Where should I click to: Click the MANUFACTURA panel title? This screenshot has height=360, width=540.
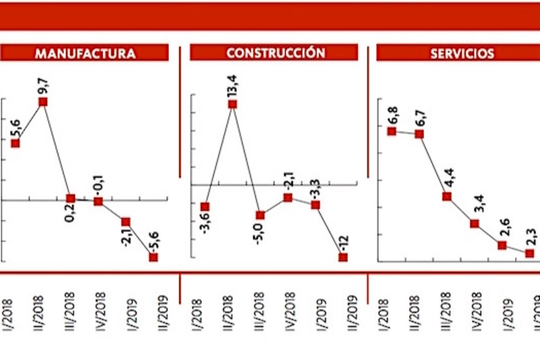85,53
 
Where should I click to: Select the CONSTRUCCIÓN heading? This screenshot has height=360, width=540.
276,53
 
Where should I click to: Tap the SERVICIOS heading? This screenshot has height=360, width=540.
462,53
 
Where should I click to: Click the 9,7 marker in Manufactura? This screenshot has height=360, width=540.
43,102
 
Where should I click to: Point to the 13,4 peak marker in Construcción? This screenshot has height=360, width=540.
233,105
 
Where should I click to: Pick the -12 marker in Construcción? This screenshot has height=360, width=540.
343,257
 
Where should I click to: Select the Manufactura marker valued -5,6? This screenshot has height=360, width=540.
153,257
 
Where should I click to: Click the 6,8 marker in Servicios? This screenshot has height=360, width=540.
392,131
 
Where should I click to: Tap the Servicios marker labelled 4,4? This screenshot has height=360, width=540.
447,196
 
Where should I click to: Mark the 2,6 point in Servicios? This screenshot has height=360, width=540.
502,245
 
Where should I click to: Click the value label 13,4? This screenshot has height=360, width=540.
232,85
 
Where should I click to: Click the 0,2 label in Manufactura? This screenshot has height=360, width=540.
70,213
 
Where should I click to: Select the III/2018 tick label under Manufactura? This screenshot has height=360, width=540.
70,312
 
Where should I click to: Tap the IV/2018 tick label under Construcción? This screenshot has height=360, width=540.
290,312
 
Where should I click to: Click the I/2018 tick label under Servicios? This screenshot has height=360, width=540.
384,314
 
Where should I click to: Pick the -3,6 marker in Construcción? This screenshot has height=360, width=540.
205,207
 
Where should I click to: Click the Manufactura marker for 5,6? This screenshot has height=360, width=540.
15,143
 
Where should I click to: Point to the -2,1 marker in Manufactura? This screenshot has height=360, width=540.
126,222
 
